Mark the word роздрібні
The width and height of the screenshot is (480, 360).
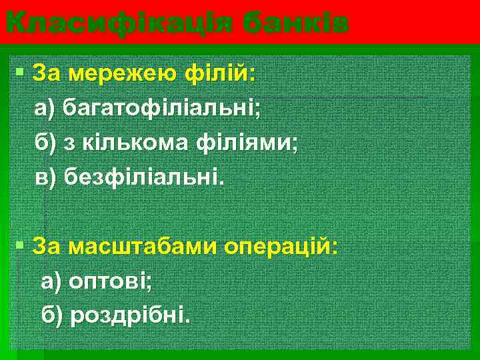[129, 314]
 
